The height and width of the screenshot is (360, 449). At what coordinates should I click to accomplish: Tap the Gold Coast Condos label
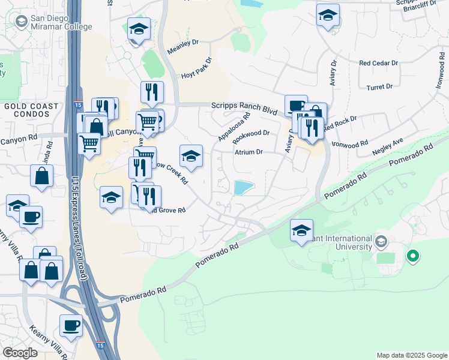point(31,111)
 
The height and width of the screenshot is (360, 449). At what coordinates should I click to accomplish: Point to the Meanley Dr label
point(182,47)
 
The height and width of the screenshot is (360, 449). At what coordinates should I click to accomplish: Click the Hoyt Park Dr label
point(197,69)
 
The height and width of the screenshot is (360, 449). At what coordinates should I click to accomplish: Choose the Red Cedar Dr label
point(378,62)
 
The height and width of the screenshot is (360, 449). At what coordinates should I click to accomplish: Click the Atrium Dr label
point(249,152)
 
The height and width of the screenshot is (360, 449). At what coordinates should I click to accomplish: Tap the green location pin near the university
point(412,256)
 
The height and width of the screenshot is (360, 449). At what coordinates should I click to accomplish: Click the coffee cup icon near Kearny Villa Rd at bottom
point(71,326)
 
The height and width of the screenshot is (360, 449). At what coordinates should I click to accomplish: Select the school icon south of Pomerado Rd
point(301,230)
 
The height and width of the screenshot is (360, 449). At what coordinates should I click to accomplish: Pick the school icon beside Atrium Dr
point(191,156)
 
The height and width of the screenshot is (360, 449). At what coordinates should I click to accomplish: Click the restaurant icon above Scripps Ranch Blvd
point(152,92)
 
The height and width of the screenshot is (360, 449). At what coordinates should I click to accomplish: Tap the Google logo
point(20,352)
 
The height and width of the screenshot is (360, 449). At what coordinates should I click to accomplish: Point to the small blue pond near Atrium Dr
point(243,188)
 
